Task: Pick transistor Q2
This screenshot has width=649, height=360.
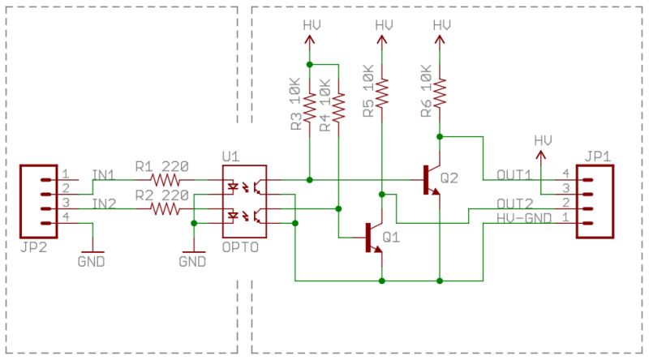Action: click(x=429, y=179)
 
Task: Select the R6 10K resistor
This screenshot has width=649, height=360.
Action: click(x=439, y=91)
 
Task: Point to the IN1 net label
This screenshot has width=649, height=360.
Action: click(x=104, y=174)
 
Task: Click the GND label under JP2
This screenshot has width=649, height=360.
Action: click(x=92, y=262)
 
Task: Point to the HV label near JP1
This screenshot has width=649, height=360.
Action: click(x=542, y=140)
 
